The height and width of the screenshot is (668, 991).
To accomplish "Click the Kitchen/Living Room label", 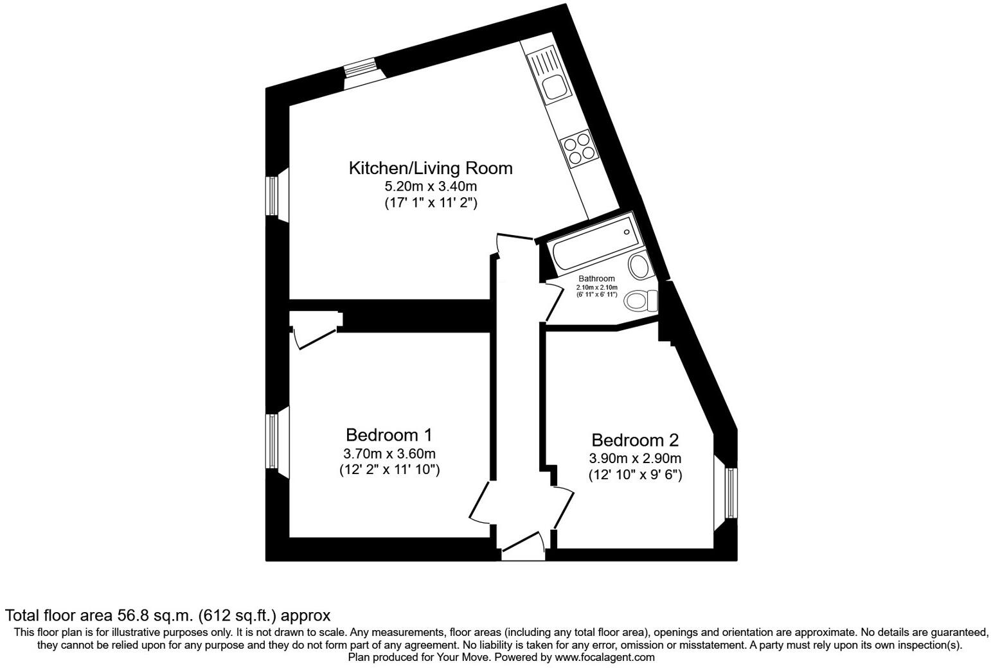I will pos(430,168).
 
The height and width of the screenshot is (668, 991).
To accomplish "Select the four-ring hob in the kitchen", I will pos(576,148).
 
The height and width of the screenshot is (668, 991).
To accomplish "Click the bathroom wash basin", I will pos(639,265).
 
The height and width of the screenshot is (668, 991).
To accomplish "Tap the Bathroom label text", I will pos(596,279).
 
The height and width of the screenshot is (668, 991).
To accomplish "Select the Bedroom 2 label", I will pos(634,441).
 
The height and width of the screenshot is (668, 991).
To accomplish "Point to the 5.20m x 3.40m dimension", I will pos(430,187).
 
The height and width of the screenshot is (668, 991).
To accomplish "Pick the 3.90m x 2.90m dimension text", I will pos(634,459).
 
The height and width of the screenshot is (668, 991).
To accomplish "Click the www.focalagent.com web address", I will pos(605,657).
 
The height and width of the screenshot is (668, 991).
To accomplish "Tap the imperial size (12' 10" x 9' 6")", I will pos(634,475).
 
